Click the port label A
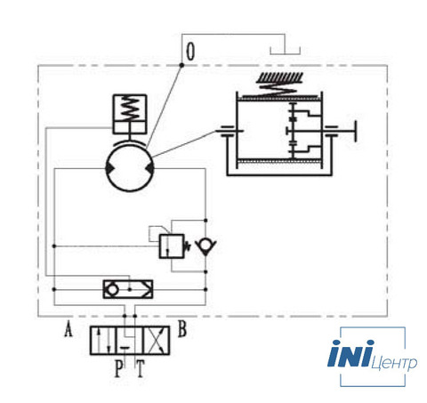(68, 330)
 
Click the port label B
(182, 328)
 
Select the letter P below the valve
(118, 368)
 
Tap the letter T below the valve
(141, 368)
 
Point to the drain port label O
(190, 52)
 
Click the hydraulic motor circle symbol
(130, 168)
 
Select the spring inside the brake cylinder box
(130, 108)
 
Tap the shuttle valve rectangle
(128, 289)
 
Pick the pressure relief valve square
(172, 246)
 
